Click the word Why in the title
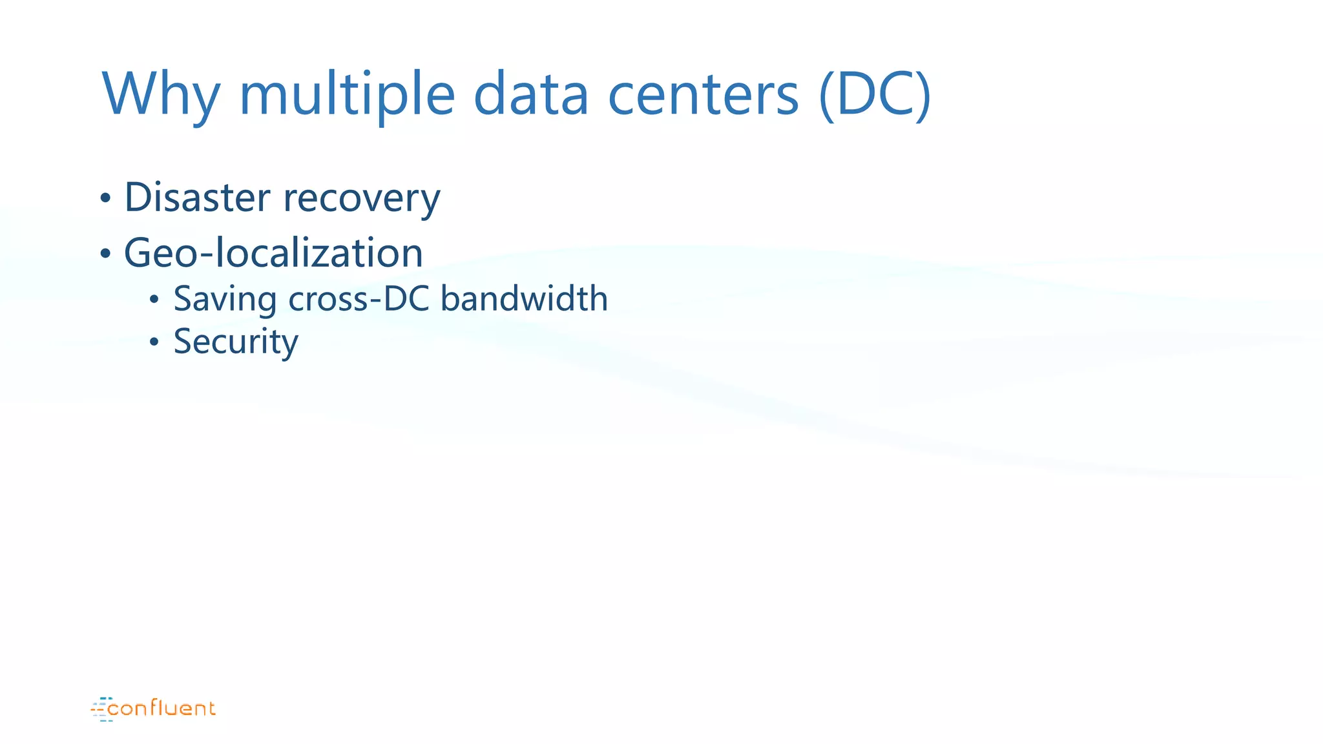point(161,95)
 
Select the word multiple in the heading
point(347,95)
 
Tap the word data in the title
point(531,95)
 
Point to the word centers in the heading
point(703,95)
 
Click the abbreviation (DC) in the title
point(875,95)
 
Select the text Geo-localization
point(273,253)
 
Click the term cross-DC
point(359,298)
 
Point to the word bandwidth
point(524,298)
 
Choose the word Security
point(236,342)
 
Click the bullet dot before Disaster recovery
point(105,199)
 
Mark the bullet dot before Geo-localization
point(105,254)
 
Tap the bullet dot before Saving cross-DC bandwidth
point(154,300)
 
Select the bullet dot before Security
point(154,342)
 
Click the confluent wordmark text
point(161,709)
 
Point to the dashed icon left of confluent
point(100,709)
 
